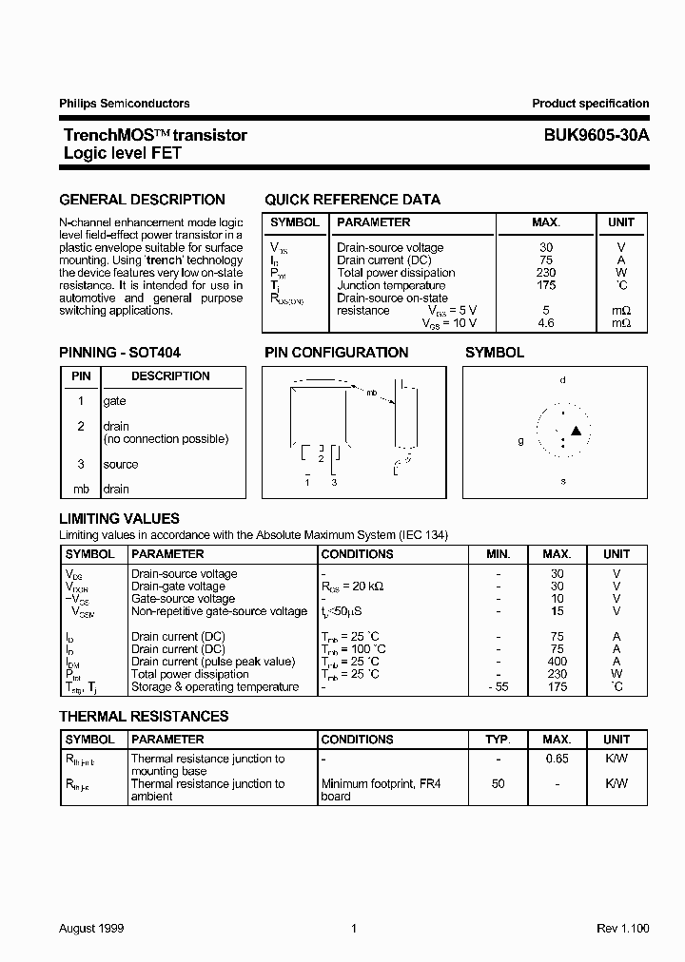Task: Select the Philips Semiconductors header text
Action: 125,104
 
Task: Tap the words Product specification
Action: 590,104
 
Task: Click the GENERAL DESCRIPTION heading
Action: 142,200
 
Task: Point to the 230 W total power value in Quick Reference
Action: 546,273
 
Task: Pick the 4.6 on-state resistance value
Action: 546,323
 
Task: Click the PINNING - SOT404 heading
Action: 120,352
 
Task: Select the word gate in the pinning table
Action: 114,402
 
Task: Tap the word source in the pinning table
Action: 120,465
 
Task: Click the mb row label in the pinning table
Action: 81,490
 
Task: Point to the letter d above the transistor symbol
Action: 562,380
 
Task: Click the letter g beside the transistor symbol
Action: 520,441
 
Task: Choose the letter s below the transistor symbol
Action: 562,481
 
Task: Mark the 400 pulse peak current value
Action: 557,662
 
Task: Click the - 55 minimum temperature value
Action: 498,687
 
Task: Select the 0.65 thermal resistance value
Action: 557,759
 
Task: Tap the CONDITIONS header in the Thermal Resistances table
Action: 357,740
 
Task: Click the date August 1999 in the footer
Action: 91,928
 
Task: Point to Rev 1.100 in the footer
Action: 622,928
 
